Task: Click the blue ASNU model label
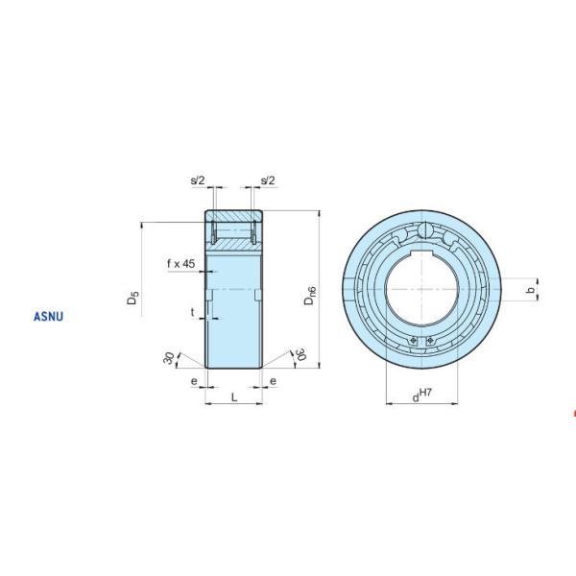click(x=49, y=314)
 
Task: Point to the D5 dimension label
click(x=134, y=299)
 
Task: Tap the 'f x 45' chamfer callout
click(x=180, y=263)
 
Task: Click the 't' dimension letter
click(x=192, y=312)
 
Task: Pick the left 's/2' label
click(x=198, y=180)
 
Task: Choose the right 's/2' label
click(x=267, y=180)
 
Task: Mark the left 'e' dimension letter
click(x=194, y=381)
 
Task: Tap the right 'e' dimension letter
click(x=273, y=381)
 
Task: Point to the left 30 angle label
click(x=170, y=359)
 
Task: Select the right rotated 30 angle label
click(x=299, y=357)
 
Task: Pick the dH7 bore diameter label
click(x=423, y=394)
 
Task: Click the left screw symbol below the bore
click(x=412, y=339)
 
